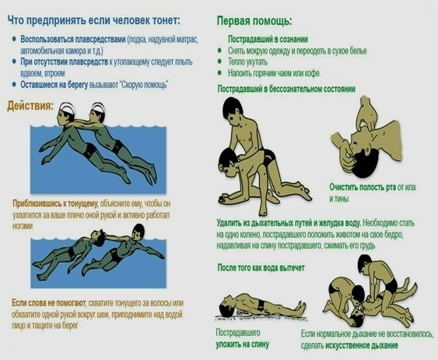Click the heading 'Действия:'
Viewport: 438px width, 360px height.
31,105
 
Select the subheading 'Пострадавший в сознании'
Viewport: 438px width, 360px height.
269,38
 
